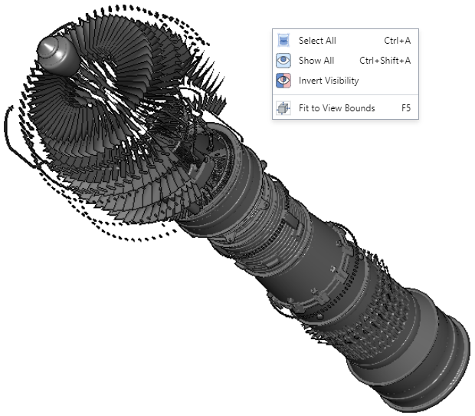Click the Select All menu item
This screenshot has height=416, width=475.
[x=317, y=41]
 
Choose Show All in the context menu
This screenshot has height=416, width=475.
[x=316, y=61]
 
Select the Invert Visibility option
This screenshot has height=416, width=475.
[x=328, y=81]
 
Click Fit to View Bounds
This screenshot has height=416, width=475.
[x=336, y=108]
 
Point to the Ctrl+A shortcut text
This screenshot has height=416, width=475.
[x=397, y=41]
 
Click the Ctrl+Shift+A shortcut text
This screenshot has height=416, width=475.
[x=385, y=61]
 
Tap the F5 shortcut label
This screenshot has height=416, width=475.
[x=405, y=108]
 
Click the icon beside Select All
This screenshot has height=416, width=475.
[x=283, y=41]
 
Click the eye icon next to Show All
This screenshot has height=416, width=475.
[x=283, y=61]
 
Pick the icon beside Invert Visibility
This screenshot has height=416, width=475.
[x=283, y=81]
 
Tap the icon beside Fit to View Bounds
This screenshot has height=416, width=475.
[x=283, y=108]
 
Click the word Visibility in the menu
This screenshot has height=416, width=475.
[x=342, y=81]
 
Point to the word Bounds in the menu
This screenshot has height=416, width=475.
[x=359, y=108]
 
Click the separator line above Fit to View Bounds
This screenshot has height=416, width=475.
[x=345, y=94]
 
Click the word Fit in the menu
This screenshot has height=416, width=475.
[x=303, y=108]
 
